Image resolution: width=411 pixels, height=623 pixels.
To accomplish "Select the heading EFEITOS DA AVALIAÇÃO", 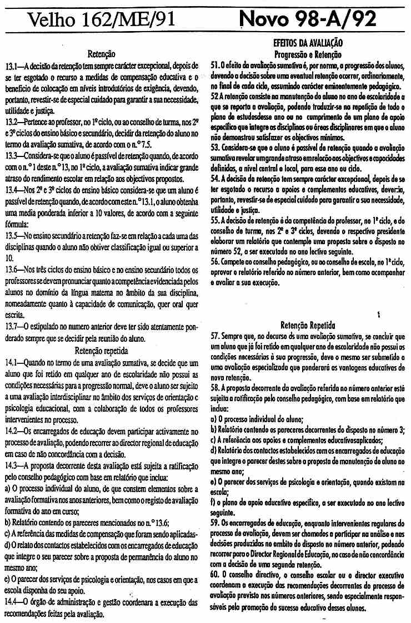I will tap(308, 43).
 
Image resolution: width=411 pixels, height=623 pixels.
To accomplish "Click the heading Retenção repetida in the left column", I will tap(101, 351).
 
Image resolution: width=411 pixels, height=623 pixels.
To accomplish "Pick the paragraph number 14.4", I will tap(12, 601).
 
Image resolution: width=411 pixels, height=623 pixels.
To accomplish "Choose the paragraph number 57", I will tap(215, 336).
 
